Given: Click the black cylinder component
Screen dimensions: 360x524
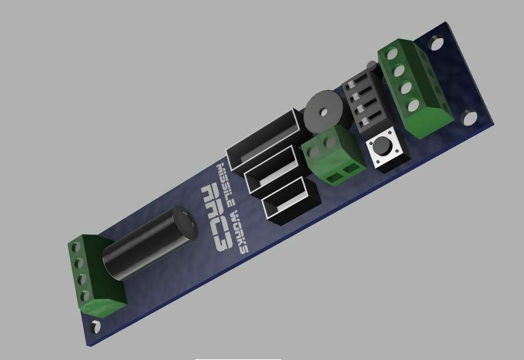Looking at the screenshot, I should point(148,244).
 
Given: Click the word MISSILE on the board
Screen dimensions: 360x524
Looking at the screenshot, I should point(226,184).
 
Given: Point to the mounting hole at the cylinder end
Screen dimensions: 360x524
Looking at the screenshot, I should point(96,326).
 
